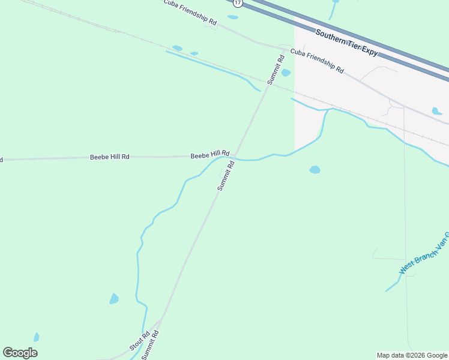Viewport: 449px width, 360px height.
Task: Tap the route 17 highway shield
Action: point(238,3)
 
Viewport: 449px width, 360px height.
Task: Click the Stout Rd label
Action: point(139,340)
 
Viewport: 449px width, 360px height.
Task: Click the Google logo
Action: point(20,353)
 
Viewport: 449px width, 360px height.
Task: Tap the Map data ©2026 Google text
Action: point(412,355)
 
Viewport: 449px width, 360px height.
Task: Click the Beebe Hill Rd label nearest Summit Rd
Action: point(210,155)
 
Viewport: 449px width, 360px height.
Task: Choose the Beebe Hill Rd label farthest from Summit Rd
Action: point(109,157)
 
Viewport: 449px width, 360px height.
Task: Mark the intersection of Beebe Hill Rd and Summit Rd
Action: point(235,156)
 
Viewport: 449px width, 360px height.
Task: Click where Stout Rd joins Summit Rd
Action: point(160,319)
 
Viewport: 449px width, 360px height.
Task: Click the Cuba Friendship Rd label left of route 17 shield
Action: point(190,12)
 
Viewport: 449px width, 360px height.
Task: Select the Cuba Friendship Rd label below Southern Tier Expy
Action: point(317,61)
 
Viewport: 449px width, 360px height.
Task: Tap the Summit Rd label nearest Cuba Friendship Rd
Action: point(276,69)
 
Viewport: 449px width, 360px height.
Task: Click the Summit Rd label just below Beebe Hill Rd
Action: point(225,175)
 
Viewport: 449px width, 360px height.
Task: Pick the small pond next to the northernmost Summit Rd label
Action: point(286,73)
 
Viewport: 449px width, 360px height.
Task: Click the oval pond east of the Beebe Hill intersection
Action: point(315,170)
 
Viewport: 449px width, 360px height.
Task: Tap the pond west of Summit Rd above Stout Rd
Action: point(114,298)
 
